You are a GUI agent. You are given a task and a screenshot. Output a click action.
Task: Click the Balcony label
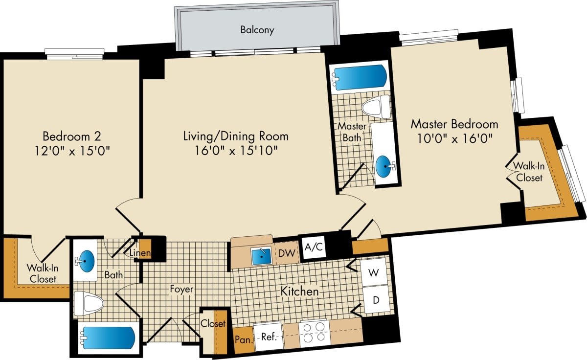(257, 30)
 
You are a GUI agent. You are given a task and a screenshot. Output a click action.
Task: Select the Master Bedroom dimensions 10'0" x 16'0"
(454, 139)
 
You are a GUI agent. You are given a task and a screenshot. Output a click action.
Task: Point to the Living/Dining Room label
(235, 135)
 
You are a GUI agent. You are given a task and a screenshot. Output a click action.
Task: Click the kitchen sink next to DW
(261, 254)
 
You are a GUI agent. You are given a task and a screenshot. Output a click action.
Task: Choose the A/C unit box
(314, 247)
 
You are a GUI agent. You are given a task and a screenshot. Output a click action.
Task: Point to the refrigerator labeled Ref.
(268, 337)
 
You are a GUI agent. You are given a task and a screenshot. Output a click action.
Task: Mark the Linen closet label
(140, 253)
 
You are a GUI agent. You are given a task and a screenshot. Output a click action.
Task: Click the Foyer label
(181, 290)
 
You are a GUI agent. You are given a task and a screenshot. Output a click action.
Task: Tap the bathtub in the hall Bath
(108, 338)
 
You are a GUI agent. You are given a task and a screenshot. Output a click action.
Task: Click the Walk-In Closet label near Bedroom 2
(41, 273)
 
